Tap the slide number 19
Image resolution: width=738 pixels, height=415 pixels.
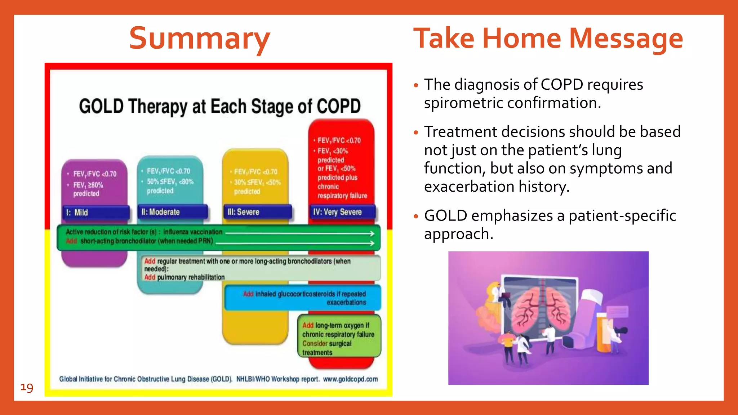tap(27, 388)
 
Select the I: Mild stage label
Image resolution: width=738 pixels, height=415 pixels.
tap(95, 213)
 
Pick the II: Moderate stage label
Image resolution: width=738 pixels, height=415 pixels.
tap(172, 212)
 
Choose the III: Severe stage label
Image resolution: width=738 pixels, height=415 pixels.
tap(257, 212)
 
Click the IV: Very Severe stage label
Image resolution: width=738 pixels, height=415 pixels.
tap(342, 212)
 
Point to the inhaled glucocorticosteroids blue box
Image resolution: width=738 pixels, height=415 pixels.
tap(303, 298)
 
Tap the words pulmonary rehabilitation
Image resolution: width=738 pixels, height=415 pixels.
tap(191, 277)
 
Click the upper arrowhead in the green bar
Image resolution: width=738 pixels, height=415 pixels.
tap(372, 233)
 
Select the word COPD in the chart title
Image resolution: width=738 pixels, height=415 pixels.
tap(338, 107)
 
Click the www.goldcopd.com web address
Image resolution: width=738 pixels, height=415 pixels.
tap(350, 379)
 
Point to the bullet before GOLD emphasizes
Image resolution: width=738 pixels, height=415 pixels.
tap(416, 217)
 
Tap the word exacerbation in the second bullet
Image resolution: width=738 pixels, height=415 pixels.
tap(469, 187)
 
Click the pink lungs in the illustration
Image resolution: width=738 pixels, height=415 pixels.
tap(541, 310)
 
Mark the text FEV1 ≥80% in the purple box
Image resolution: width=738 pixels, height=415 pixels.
tap(88, 185)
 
